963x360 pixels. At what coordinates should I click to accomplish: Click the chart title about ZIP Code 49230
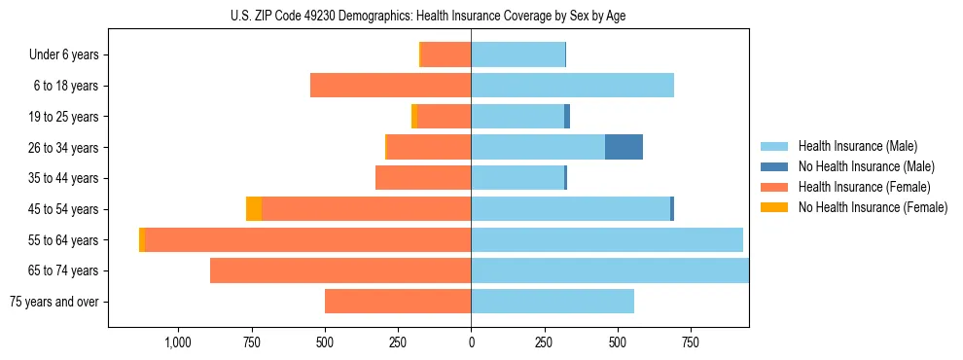pyautogui.click(x=471, y=16)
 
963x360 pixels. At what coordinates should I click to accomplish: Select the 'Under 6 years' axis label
pyautogui.click(x=63, y=55)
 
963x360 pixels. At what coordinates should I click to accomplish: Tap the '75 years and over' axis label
pyautogui.click(x=54, y=302)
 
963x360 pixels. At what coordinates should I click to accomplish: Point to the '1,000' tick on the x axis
pyautogui.click(x=178, y=342)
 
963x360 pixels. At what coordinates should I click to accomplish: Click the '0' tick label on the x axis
pyautogui.click(x=471, y=342)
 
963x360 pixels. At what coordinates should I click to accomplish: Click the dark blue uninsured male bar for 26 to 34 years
pyautogui.click(x=624, y=147)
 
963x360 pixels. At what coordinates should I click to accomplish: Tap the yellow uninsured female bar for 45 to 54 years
pyautogui.click(x=254, y=209)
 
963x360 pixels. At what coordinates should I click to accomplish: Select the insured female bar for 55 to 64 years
pyautogui.click(x=307, y=240)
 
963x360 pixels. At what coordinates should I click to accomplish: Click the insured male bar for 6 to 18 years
pyautogui.click(x=572, y=86)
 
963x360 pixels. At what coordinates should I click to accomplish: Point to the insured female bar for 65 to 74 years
pyautogui.click(x=340, y=270)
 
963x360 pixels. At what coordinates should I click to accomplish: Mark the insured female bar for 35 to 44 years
pyautogui.click(x=423, y=178)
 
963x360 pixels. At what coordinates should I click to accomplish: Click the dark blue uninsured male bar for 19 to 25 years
pyautogui.click(x=567, y=117)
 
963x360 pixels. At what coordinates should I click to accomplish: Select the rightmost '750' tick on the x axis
pyautogui.click(x=690, y=342)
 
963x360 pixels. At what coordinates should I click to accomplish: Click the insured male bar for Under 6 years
pyautogui.click(x=517, y=55)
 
